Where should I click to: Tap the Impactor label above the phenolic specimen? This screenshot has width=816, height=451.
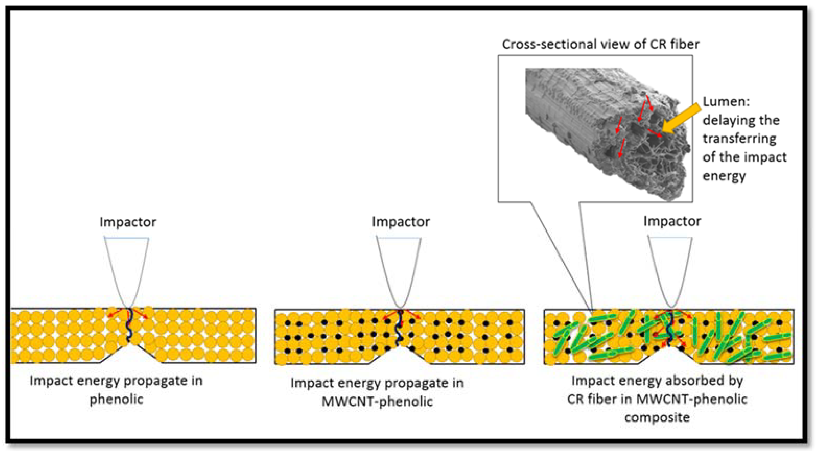[128, 222]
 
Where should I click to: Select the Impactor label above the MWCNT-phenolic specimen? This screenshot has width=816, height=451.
[400, 222]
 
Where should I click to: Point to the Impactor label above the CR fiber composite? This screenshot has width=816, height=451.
[672, 221]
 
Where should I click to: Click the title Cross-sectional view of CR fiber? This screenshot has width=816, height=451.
[601, 44]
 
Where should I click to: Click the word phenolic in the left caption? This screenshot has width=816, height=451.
[116, 399]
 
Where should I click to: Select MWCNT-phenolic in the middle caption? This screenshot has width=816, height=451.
[377, 402]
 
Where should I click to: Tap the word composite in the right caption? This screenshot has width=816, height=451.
[657, 417]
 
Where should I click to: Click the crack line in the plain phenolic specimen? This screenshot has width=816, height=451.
[129, 326]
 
